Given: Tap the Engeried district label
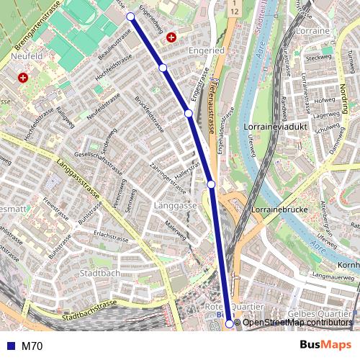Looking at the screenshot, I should (x=205, y=51).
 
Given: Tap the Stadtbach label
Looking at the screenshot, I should (x=100, y=273).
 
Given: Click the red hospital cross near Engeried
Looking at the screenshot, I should (x=171, y=37).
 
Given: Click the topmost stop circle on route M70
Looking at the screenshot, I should (x=130, y=16).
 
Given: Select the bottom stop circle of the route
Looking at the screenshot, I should (x=230, y=324).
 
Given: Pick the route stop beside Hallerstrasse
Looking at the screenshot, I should (x=211, y=184).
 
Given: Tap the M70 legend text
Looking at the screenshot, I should (x=32, y=346).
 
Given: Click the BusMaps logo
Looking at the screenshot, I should (x=325, y=346).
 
